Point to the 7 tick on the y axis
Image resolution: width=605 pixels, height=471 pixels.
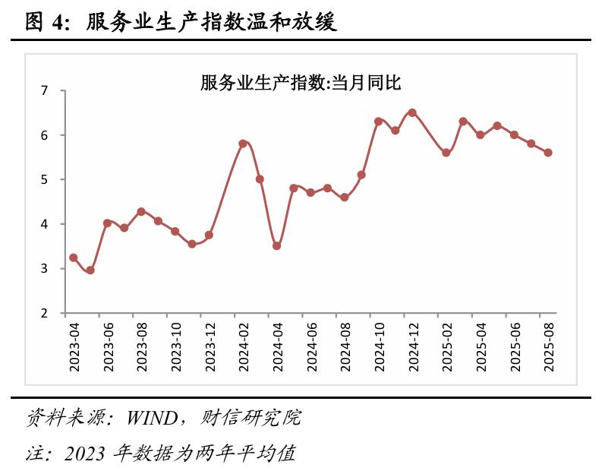[x=44, y=91]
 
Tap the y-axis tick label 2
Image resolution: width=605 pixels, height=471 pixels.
[x=44, y=313]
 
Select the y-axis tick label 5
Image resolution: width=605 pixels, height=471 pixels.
[x=44, y=180]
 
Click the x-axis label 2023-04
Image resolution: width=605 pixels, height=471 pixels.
[x=74, y=346]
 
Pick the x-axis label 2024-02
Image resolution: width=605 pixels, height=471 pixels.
[x=244, y=346]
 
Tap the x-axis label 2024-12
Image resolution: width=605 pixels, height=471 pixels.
[x=413, y=346]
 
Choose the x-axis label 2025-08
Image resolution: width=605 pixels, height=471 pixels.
[x=549, y=346]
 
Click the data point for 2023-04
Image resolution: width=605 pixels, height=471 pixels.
[x=74, y=258]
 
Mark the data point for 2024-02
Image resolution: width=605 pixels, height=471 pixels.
[x=243, y=144]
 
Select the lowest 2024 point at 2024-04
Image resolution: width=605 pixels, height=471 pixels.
[x=277, y=246]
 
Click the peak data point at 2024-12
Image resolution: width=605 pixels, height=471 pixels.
[x=412, y=112]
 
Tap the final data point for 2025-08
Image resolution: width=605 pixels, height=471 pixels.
[x=548, y=153]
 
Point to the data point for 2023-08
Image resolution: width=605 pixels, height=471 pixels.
[x=141, y=211]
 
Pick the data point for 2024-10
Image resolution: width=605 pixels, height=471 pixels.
[x=378, y=122]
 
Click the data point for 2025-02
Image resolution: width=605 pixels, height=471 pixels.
[x=446, y=153]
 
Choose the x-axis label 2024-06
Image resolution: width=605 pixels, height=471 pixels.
[x=311, y=346]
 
